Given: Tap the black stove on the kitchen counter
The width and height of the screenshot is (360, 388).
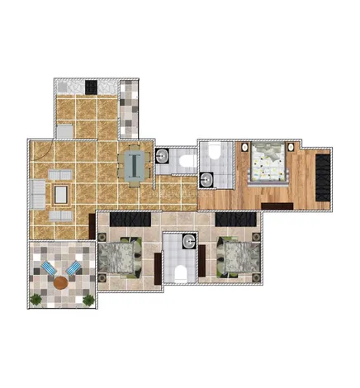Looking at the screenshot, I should (x=92, y=86).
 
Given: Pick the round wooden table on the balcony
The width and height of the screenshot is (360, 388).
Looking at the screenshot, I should (x=61, y=282).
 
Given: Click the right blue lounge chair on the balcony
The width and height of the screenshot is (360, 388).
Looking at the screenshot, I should (x=73, y=268).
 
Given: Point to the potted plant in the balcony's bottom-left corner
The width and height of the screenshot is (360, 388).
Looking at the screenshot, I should (x=36, y=299).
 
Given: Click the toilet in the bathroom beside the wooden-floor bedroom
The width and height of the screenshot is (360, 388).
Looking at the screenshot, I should (x=212, y=151).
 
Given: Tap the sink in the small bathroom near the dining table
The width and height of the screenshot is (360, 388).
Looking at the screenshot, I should (x=163, y=154).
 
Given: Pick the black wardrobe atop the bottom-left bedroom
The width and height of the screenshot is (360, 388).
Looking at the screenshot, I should (x=127, y=219).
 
